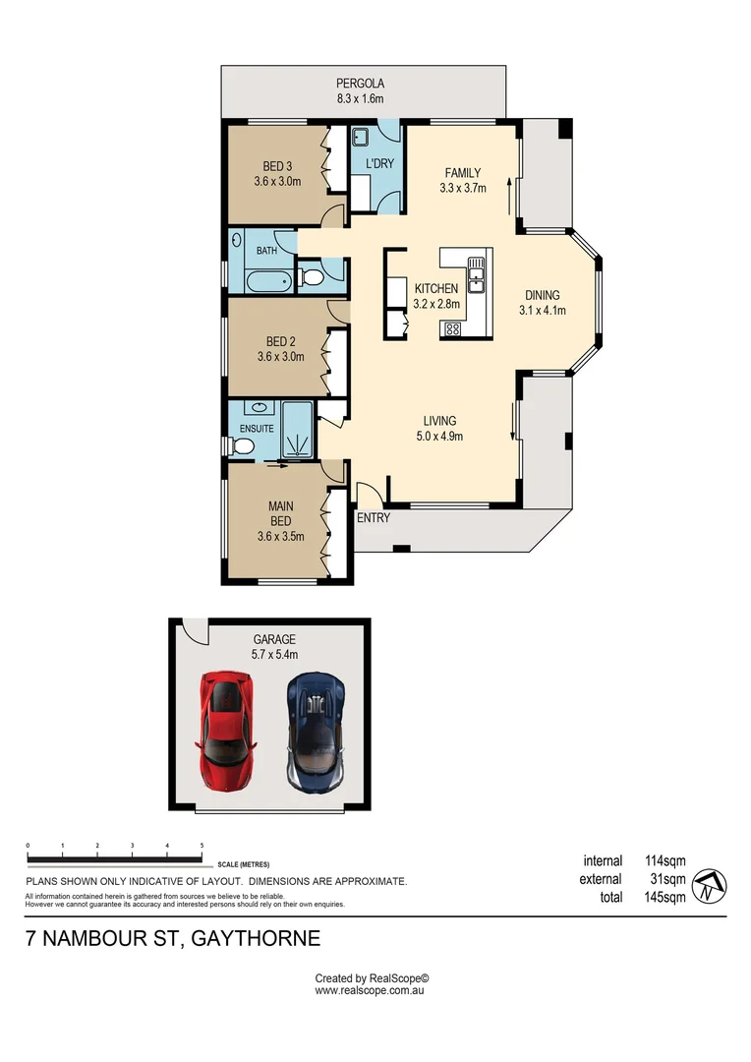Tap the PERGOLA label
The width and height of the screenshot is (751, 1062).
click(360, 84)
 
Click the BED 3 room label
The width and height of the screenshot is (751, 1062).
click(277, 165)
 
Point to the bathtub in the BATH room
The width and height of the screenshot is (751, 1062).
click(267, 282)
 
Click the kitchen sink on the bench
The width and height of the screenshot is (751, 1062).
click(476, 274)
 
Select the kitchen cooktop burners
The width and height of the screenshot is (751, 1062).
click(452, 329)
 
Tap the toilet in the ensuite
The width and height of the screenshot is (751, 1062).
click(243, 447)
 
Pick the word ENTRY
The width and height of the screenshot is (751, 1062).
click(373, 518)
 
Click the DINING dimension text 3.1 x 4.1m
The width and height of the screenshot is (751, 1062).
click(543, 311)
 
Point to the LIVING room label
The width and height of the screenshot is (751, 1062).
click(439, 421)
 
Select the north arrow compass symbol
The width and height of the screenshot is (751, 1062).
click(709, 885)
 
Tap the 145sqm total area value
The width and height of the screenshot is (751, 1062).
click(665, 897)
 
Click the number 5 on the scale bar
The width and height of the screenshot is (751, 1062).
click(202, 846)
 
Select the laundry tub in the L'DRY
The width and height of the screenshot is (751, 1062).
click(361, 138)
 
